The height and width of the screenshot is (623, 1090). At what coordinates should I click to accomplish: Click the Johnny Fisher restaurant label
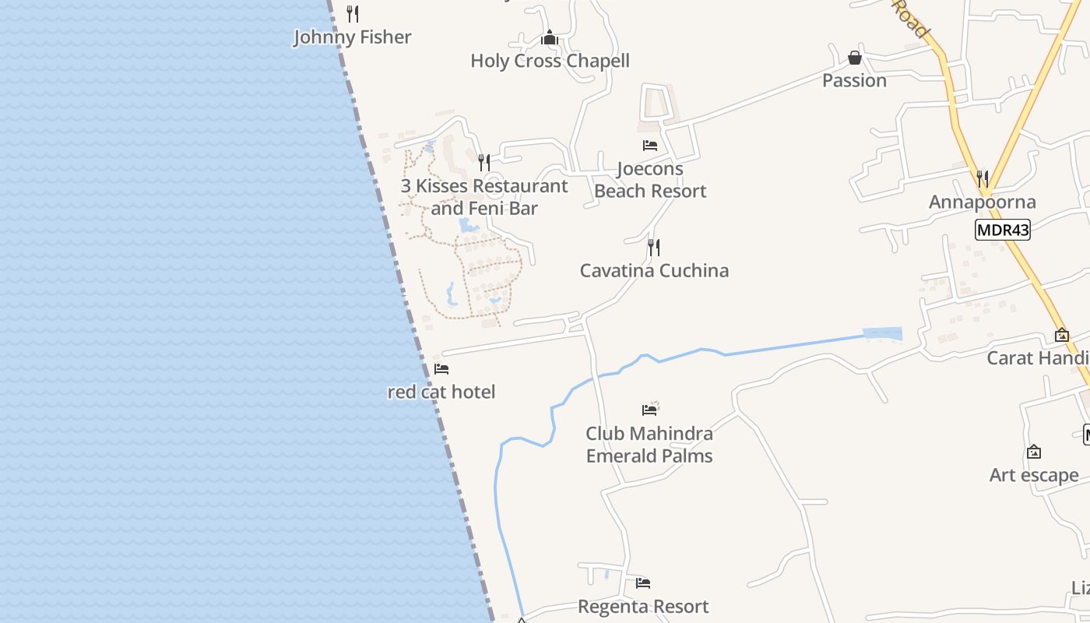click(x=352, y=37)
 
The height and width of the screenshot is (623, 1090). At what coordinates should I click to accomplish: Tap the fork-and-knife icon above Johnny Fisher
click(x=353, y=13)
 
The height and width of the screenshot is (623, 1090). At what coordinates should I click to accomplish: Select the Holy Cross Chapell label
click(x=550, y=61)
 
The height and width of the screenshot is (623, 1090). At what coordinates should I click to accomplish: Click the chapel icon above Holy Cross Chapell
click(x=550, y=37)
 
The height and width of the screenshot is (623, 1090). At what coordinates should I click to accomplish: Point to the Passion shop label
click(x=854, y=81)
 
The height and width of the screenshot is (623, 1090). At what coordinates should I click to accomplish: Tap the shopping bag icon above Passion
click(x=855, y=58)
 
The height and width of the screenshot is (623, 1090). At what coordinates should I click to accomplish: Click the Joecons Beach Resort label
click(x=650, y=180)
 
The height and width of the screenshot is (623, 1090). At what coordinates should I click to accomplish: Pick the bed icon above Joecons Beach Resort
click(x=650, y=145)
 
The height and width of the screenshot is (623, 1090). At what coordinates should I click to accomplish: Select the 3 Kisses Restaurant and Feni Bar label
click(x=484, y=197)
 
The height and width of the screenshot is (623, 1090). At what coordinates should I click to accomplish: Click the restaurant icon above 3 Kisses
click(x=484, y=162)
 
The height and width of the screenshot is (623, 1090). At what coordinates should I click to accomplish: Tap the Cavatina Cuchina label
click(x=654, y=271)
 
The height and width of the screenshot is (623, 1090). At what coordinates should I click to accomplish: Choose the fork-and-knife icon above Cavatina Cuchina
click(x=654, y=248)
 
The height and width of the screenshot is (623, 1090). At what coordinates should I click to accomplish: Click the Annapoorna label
click(x=982, y=202)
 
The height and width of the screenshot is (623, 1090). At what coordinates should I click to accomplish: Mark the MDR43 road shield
click(x=1002, y=230)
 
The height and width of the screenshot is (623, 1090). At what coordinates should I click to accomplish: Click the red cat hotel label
click(x=441, y=392)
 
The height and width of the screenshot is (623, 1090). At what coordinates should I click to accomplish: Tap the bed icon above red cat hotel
click(x=441, y=368)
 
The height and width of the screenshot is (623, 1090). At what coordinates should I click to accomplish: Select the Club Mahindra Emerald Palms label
click(x=649, y=445)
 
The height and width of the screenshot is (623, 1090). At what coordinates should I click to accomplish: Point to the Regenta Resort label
click(x=643, y=607)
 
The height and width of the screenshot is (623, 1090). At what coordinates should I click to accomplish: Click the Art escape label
click(x=1033, y=475)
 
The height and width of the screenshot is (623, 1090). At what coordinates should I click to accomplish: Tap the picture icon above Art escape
click(x=1034, y=452)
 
